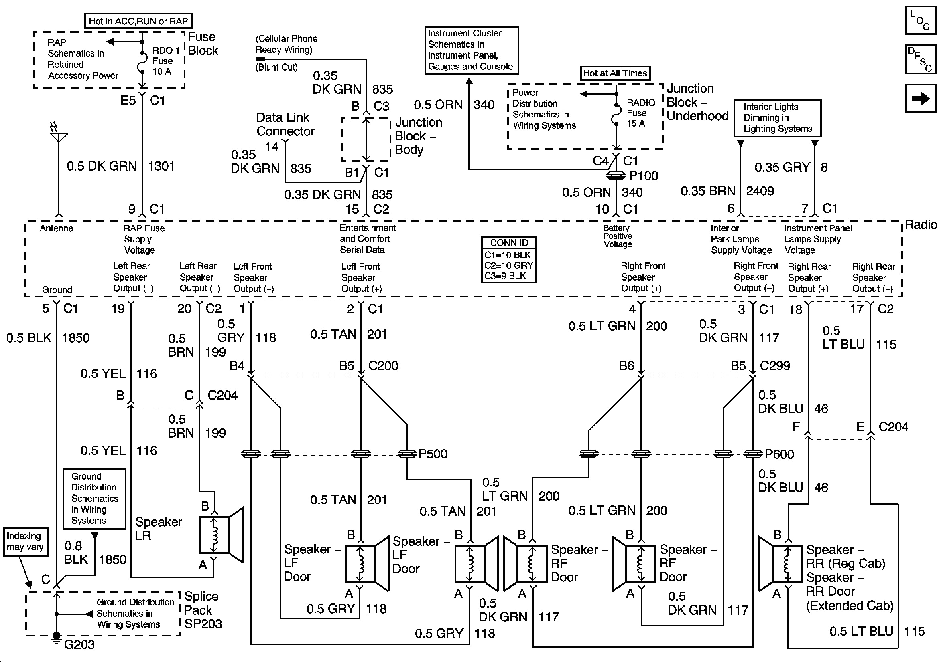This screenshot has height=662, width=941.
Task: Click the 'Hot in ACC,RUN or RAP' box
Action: pos(138,21)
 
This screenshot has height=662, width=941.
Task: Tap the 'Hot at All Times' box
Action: pos(615,73)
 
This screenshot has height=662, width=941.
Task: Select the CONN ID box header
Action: pos(508,243)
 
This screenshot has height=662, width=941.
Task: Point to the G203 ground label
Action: pos(79,644)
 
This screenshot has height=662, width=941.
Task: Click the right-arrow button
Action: pos(921,98)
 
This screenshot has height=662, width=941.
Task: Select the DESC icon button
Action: pos(921,59)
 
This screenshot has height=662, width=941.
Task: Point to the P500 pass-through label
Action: pos(433,454)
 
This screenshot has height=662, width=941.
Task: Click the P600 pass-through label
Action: pos(779,454)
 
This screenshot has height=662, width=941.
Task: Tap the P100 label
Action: pos(644,176)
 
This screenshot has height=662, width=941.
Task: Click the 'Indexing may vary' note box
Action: pos(25,542)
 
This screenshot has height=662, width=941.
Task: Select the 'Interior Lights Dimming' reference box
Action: pos(777,118)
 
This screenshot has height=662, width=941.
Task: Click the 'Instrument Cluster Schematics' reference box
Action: pos(472,50)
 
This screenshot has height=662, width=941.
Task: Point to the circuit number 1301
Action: pos(161,166)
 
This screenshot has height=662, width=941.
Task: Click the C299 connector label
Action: pos(774,365)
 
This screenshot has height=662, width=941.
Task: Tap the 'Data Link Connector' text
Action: pos(285,125)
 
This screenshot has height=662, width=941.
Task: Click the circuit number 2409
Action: pos(760,191)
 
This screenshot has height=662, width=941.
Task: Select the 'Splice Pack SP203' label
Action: pos(203,610)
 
